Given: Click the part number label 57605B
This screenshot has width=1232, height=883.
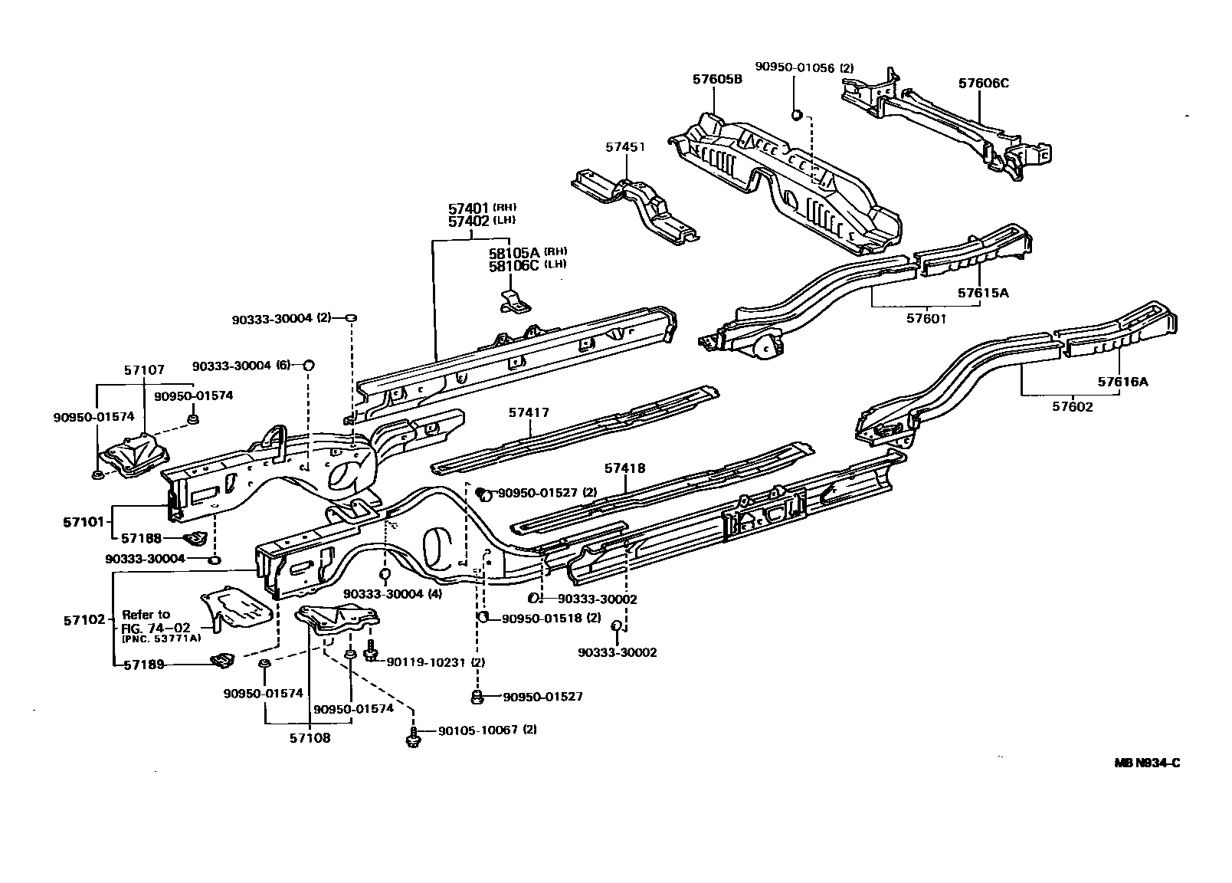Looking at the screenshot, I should pyautogui.click(x=717, y=79).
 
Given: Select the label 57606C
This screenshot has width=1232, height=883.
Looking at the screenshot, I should pyautogui.click(x=984, y=83).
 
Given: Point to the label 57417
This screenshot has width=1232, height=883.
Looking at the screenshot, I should pyautogui.click(x=529, y=413).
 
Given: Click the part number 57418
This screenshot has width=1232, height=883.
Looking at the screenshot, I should pyautogui.click(x=624, y=468).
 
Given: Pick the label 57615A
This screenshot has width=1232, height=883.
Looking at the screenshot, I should pyautogui.click(x=983, y=293).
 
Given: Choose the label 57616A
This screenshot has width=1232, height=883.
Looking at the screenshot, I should pyautogui.click(x=1122, y=382).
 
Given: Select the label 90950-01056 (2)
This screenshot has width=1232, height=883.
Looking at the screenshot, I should pyautogui.click(x=804, y=68).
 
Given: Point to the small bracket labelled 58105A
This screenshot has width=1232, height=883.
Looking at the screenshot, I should pyautogui.click(x=515, y=302).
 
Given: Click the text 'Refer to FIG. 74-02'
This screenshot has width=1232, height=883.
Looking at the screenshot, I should pyautogui.click(x=146, y=620).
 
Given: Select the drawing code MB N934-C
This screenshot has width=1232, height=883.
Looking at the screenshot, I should pyautogui.click(x=1147, y=763).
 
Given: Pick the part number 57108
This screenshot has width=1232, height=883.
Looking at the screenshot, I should pyautogui.click(x=310, y=739).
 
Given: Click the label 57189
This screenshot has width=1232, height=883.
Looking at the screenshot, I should pyautogui.click(x=145, y=665).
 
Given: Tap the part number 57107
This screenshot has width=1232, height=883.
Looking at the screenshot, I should pyautogui.click(x=144, y=369).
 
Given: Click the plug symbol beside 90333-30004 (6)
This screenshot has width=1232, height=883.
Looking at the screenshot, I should pyautogui.click(x=309, y=365).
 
